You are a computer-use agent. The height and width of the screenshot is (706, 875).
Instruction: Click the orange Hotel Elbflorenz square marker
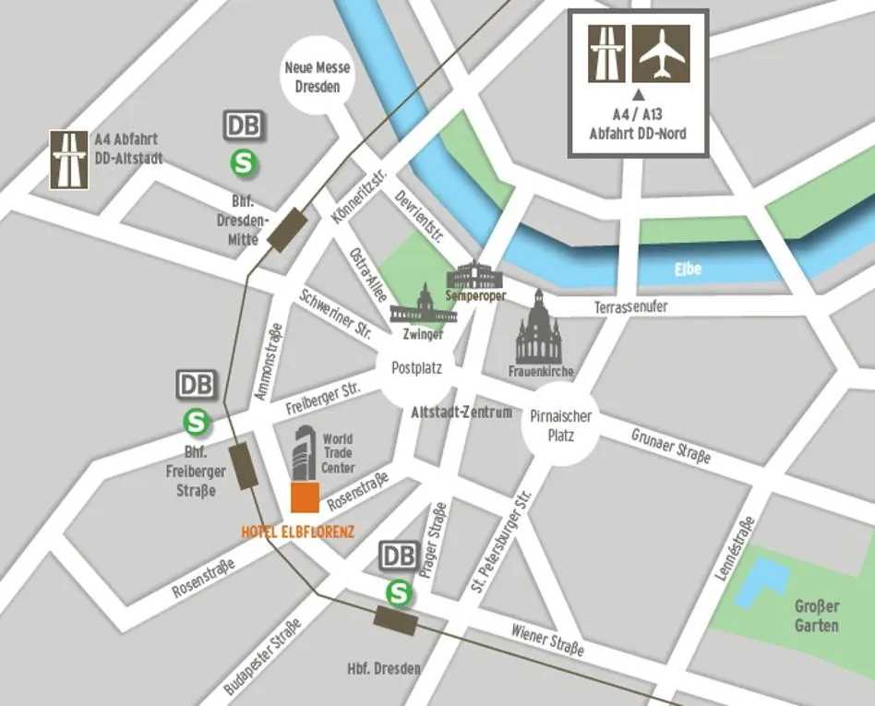(x=305, y=497)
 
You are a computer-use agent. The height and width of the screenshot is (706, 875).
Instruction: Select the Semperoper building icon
(x=476, y=275)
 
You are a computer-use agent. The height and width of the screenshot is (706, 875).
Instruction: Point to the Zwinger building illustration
(x=423, y=307)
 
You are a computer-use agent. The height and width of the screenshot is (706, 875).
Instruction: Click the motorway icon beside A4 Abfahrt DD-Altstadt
(x=69, y=160)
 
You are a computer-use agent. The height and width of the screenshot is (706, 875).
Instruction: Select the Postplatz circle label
(x=416, y=368)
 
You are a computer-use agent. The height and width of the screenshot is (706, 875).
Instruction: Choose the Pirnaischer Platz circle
(x=560, y=425)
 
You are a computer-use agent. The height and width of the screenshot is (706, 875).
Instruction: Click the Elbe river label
(x=688, y=269)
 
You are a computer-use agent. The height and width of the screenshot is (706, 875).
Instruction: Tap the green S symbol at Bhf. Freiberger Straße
(x=197, y=422)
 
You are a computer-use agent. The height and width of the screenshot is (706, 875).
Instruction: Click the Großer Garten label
(x=817, y=616)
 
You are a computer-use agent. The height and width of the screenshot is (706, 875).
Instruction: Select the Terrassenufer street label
(x=630, y=306)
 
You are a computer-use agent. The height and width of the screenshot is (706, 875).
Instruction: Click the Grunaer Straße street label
(x=671, y=446)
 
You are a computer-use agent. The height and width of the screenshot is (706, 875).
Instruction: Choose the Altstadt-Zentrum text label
(x=461, y=413)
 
